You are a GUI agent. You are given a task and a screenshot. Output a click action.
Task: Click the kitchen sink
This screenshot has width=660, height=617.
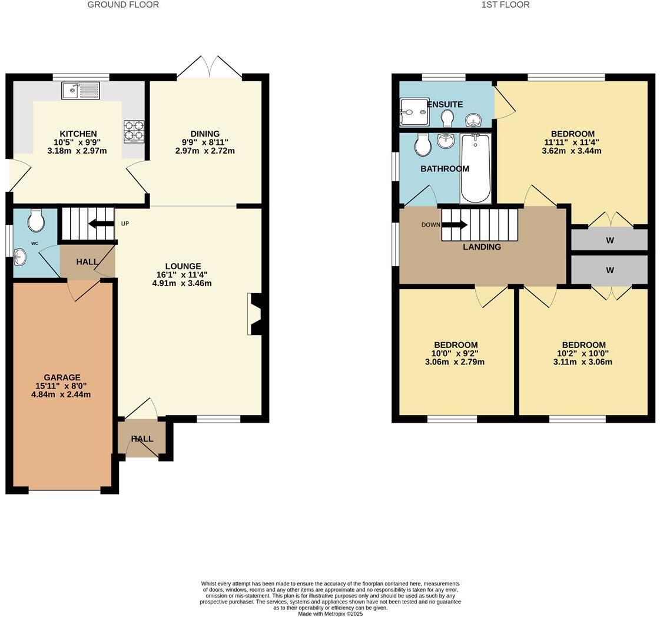(x=81, y=91)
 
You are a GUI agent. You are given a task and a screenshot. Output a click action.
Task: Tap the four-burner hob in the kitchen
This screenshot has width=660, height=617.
(x=134, y=131)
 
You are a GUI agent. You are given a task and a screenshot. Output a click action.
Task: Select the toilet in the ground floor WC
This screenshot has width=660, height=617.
(x=36, y=221)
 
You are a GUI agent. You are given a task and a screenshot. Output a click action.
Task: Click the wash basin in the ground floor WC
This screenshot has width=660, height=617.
(x=20, y=257)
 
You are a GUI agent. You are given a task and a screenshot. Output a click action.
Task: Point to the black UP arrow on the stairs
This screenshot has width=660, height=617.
(x=101, y=223)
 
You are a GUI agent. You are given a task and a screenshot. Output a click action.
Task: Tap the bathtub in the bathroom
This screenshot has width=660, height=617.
(x=475, y=168)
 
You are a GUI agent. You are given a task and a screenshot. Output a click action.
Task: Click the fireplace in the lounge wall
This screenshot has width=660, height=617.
(x=256, y=314)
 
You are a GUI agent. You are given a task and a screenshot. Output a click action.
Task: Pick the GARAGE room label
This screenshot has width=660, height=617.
(x=62, y=377)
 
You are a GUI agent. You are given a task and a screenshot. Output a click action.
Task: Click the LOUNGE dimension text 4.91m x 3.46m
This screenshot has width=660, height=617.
(x=182, y=283)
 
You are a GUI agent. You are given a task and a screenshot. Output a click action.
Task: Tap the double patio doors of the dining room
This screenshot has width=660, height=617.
(x=210, y=67)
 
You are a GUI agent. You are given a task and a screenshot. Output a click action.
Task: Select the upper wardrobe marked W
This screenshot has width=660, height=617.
(x=609, y=240)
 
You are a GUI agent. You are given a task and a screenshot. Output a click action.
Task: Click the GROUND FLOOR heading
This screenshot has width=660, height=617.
(x=123, y=5)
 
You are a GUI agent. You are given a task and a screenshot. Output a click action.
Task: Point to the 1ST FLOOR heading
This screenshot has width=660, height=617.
(x=505, y=5)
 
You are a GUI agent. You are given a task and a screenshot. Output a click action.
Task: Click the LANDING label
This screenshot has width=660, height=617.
(x=482, y=247)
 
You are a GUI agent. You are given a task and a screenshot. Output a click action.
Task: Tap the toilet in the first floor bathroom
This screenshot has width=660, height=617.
(x=422, y=144)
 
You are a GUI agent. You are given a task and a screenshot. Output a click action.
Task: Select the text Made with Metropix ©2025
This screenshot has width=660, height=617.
(x=330, y=614)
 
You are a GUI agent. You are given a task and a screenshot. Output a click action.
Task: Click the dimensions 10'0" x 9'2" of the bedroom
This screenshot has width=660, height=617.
(x=455, y=353)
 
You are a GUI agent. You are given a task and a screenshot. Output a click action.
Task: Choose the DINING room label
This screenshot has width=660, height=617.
(x=205, y=134)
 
